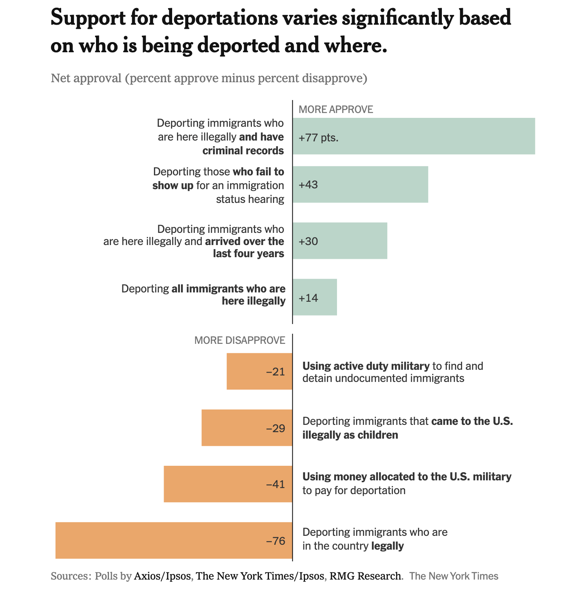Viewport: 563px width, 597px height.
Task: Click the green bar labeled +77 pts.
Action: [414, 136]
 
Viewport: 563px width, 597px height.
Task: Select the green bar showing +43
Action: [360, 184]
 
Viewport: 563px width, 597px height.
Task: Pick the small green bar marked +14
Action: [315, 297]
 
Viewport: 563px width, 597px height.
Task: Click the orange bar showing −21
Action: [259, 371]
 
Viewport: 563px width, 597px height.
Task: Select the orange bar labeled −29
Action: [247, 428]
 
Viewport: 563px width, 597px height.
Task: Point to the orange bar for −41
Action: [228, 484]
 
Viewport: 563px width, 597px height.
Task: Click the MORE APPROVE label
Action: [336, 109]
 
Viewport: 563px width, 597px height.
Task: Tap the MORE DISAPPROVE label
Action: [240, 340]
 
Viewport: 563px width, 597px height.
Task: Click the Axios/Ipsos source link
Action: [162, 576]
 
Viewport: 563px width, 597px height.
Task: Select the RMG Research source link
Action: [365, 576]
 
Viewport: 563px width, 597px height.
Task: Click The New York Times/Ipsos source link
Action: [260, 576]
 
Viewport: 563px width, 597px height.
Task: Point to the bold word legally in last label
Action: [387, 546]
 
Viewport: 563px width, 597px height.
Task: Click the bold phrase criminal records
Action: [243, 151]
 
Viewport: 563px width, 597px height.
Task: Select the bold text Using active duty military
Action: [366, 366]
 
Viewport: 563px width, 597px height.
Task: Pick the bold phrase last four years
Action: [248, 254]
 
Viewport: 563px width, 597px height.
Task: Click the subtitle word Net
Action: [60, 78]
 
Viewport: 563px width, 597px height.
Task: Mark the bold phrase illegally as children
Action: [350, 435]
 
